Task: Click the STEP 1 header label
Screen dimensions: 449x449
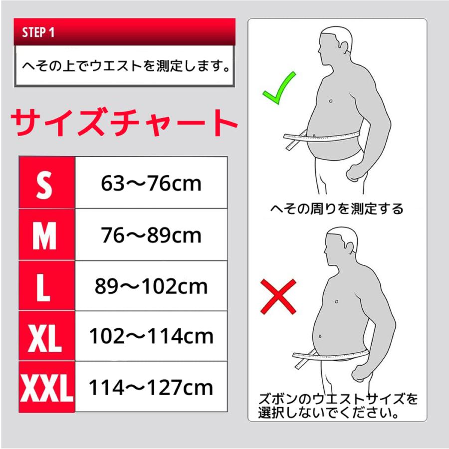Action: pyautogui.click(x=38, y=33)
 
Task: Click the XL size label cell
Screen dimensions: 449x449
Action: pyautogui.click(x=45, y=337)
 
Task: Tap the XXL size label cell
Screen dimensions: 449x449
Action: pyautogui.click(x=46, y=388)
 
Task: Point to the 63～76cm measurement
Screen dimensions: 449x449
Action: pyautogui.click(x=151, y=183)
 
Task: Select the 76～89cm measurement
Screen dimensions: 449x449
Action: pyautogui.click(x=151, y=235)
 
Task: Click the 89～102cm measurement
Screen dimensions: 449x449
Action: pyautogui.click(x=151, y=286)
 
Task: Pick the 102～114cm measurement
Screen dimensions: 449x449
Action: pyautogui.click(x=151, y=337)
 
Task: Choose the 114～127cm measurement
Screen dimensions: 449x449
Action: pyautogui.click(x=151, y=388)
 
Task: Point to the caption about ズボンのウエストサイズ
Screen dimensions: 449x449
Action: pyautogui.click(x=338, y=406)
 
